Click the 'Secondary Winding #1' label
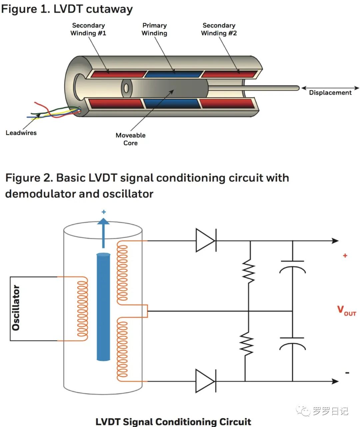[88, 29]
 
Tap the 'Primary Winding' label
[154, 29]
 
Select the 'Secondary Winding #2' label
[219, 29]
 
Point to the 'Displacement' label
[330, 93]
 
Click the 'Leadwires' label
[21, 133]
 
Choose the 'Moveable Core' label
[130, 139]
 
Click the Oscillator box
[16, 308]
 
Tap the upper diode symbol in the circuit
[205, 240]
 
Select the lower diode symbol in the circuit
[205, 381]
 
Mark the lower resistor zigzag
[247, 343]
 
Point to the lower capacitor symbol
[292, 342]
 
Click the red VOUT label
[346, 310]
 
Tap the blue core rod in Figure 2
[103, 306]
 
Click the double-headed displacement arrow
[330, 88]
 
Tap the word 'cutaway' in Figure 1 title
[109, 9]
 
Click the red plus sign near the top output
[345, 255]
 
